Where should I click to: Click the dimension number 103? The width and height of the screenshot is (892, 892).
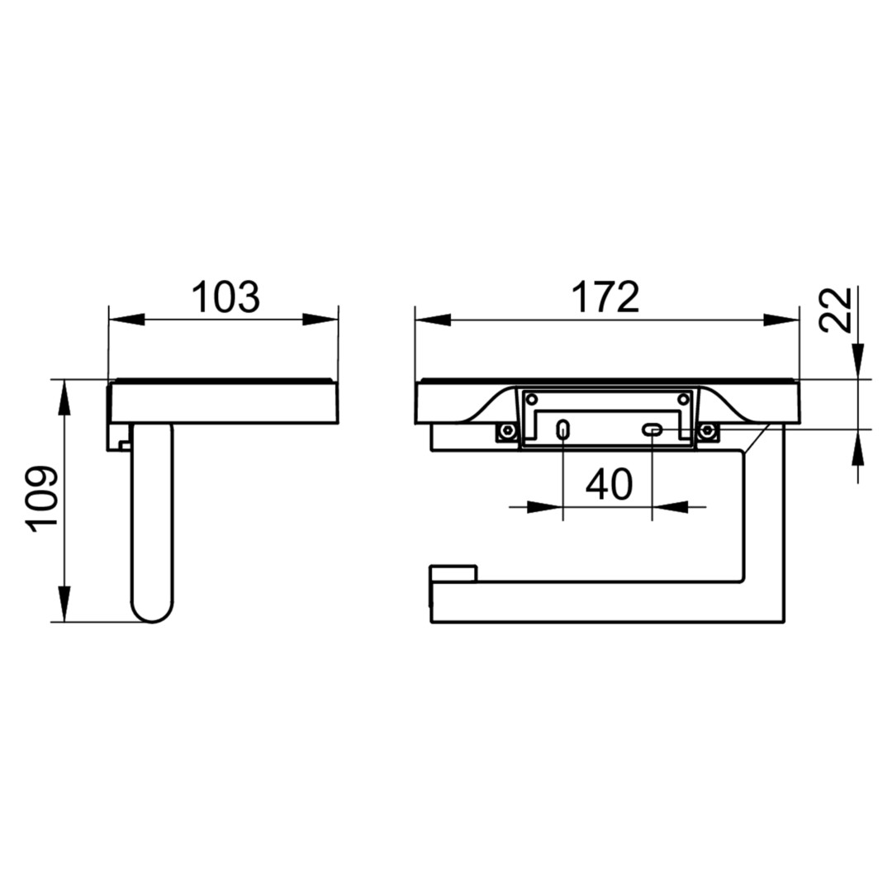pos(225,297)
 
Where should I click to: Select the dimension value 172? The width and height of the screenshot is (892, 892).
pos(605,297)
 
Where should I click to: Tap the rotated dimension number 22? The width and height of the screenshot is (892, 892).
pos(835,310)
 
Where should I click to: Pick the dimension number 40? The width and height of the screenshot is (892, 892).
pos(609,484)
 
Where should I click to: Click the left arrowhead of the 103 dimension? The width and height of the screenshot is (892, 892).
pos(126,319)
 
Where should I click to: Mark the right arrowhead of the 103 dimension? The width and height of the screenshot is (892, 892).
pos(320,319)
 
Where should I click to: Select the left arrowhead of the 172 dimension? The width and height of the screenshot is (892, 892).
pos(433,320)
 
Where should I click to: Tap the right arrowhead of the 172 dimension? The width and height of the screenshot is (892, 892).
pos(781,320)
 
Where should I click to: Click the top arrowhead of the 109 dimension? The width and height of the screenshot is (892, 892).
pos(64,397)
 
